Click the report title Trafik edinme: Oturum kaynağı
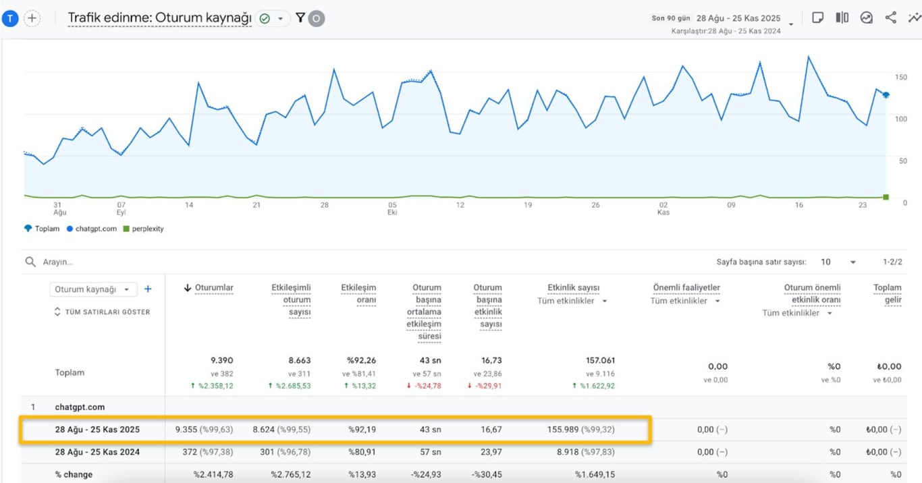(159, 18)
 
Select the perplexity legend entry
(146, 229)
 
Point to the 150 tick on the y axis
(900, 76)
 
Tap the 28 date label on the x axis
(325, 205)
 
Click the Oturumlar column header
(213, 288)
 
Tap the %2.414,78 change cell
(213, 474)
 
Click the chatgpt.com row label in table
(80, 407)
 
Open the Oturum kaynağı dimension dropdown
(93, 289)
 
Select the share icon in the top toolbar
(890, 18)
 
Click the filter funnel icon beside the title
(300, 18)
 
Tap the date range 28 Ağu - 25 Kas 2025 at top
(738, 18)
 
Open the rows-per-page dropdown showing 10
(838, 262)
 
